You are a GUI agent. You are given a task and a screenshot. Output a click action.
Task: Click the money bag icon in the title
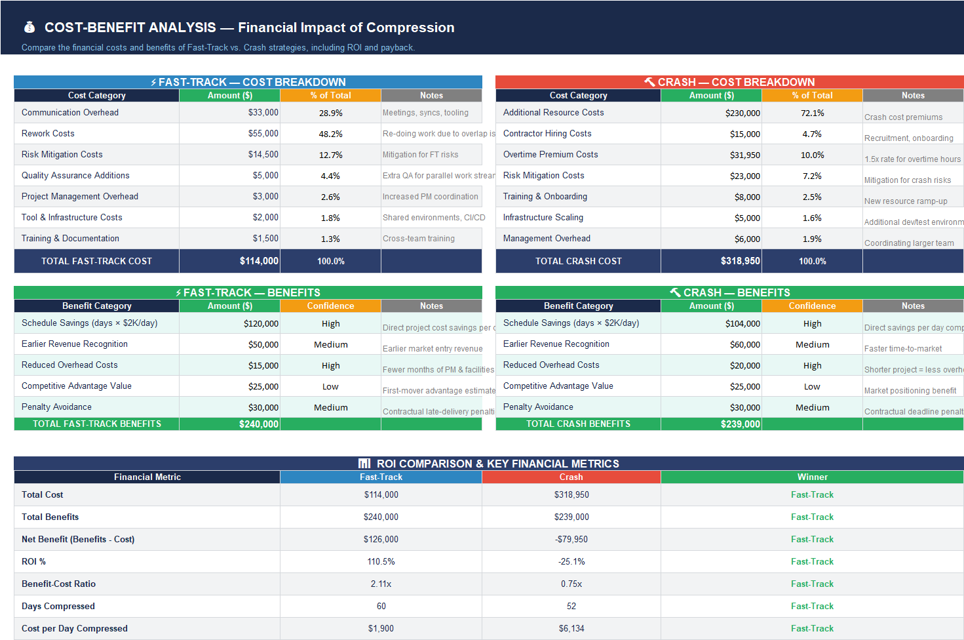29,28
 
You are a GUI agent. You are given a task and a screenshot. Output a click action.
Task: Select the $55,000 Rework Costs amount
263,134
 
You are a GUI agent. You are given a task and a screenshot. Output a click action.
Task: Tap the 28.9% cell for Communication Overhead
330,113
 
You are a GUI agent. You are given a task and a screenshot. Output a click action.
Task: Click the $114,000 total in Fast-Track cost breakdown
259,261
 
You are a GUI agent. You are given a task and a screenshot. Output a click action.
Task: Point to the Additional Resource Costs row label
553,113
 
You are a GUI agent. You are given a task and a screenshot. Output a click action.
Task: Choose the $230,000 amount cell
742,113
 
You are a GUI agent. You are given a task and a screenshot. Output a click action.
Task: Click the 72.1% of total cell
812,113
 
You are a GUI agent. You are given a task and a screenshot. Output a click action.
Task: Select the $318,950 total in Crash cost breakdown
740,261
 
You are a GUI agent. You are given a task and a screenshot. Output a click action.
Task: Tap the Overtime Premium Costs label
550,155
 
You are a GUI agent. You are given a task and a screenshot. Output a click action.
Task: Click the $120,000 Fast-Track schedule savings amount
261,323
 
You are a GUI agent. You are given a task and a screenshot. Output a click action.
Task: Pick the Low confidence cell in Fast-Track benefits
330,386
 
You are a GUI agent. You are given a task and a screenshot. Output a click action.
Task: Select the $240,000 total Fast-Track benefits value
259,424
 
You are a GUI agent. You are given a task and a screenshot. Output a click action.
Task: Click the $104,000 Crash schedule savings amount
742,323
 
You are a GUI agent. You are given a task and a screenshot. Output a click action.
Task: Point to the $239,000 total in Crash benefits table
740,424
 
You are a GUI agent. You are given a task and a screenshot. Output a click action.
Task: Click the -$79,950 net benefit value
571,540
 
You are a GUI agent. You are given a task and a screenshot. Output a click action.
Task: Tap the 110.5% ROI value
381,562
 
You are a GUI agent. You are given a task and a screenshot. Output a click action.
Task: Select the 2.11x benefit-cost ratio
381,584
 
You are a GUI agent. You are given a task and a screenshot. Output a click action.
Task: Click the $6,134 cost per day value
571,629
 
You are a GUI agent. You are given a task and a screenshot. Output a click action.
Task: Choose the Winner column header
812,477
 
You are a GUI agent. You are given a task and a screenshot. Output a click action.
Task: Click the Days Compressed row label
58,607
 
